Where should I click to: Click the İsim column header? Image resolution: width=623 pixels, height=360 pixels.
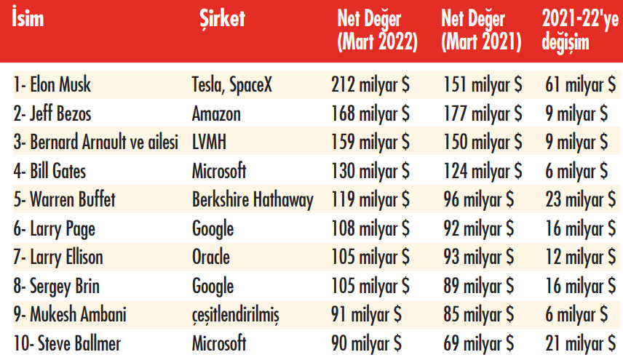[28, 19]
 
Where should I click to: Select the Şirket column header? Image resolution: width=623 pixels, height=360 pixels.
[221, 19]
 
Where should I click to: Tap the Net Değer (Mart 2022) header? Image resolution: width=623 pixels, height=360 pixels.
[377, 31]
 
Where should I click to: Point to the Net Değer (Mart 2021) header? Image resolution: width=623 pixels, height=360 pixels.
[481, 31]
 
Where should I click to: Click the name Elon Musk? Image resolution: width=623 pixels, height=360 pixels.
[52, 85]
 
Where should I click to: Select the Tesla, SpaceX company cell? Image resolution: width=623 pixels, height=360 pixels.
[231, 85]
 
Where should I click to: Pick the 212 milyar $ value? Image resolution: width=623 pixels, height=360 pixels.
[370, 85]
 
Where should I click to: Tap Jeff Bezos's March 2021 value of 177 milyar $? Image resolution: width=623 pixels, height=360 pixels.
[483, 114]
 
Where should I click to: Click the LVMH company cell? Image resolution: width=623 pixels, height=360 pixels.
[210, 143]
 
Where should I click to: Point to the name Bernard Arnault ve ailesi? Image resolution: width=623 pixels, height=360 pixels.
[95, 143]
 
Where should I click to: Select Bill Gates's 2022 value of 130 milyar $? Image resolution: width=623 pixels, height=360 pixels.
[370, 171]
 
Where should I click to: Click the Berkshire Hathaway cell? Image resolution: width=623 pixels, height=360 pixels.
[253, 200]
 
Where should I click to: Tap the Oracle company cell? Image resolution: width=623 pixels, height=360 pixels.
[211, 257]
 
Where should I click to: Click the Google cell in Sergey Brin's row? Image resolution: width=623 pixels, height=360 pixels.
[213, 286]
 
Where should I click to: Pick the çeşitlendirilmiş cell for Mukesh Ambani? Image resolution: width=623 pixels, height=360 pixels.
[237, 314]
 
